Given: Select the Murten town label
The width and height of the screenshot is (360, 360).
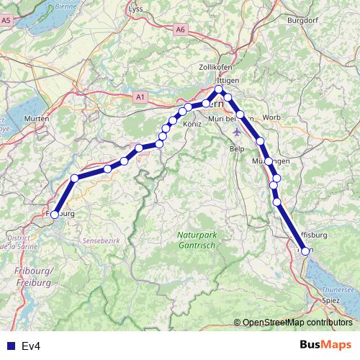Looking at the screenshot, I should (x=36, y=118).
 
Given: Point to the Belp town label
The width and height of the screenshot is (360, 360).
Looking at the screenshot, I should (x=237, y=148).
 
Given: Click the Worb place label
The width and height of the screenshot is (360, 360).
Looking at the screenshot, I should (x=271, y=117).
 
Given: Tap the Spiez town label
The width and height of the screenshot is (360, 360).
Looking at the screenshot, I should (x=331, y=299).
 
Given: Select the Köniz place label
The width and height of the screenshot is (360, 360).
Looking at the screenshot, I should (x=193, y=125).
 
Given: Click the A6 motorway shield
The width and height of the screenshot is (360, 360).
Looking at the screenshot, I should (x=180, y=30).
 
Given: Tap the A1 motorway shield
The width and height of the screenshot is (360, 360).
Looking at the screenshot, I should (x=140, y=96).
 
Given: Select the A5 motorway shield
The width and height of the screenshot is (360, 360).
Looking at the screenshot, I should (x=6, y=21).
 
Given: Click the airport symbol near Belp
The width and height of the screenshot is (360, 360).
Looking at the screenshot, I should (x=238, y=132).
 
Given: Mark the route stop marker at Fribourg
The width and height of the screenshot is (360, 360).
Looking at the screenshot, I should (x=54, y=214).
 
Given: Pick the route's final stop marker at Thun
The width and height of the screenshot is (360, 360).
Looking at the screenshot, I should (x=305, y=251).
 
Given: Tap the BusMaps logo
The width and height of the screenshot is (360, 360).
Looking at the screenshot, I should (x=326, y=346).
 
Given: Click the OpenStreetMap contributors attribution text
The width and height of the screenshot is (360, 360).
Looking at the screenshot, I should (x=297, y=323).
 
